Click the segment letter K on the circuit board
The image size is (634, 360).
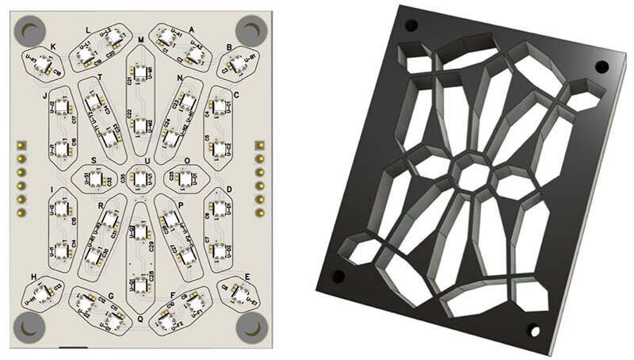[x=52, y=46]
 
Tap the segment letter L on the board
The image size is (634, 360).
[x=88, y=29]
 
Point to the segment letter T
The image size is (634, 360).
[x=100, y=77]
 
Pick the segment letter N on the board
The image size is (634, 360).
[x=181, y=78]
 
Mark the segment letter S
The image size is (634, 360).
[x=94, y=160]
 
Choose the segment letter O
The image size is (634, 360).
[x=187, y=160]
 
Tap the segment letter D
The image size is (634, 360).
[x=230, y=190]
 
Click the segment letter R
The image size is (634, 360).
[x=101, y=205]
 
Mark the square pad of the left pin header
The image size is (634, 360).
[x=21, y=145]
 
